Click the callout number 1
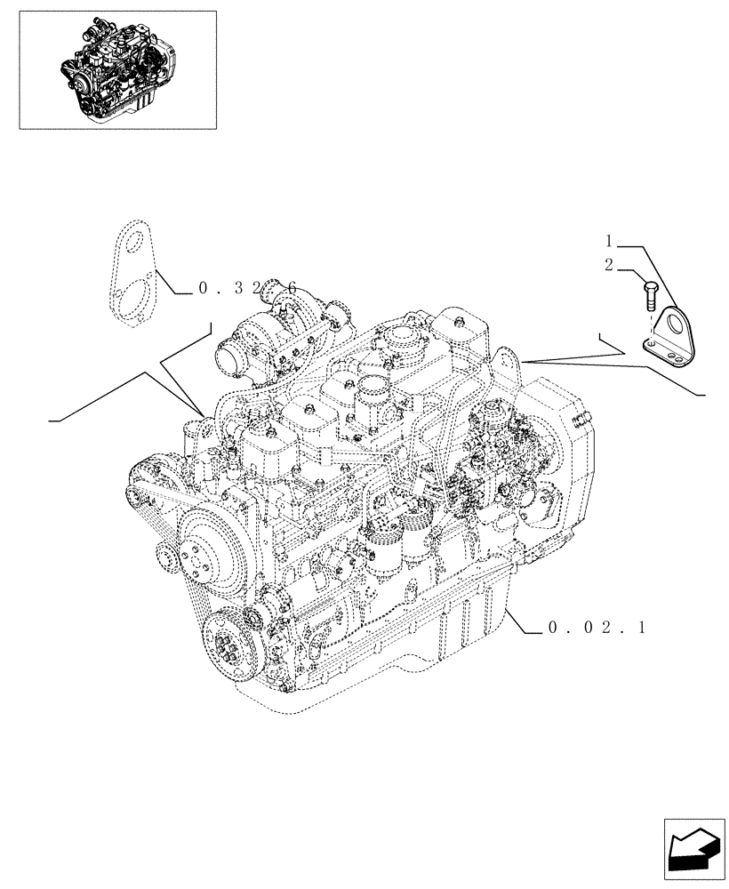tap(610, 241)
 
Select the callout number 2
tap(610, 264)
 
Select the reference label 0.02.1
tap(596, 629)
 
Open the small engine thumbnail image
tap(116, 69)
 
